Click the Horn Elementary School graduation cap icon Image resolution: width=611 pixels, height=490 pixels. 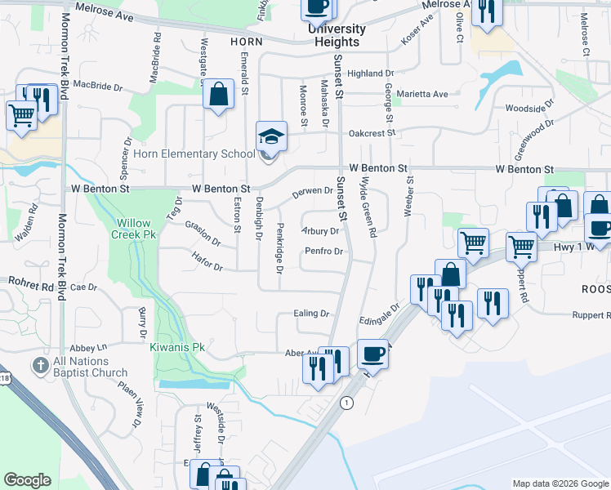point(272,135)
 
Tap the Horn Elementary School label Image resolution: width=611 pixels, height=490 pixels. point(193,154)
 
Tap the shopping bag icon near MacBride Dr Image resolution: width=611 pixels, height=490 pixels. point(218,94)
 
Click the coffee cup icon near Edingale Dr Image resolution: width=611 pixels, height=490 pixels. point(372,354)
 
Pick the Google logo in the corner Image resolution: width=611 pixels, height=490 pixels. point(27,479)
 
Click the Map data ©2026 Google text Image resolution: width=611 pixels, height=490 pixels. point(560,483)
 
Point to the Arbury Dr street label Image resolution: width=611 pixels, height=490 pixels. point(320,231)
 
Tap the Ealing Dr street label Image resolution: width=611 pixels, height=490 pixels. point(311,313)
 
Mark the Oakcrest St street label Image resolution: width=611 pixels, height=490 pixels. point(372,132)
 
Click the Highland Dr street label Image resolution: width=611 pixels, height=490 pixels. point(370,73)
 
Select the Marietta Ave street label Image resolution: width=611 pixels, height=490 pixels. point(422,94)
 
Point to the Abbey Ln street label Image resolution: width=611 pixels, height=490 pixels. point(89,346)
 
